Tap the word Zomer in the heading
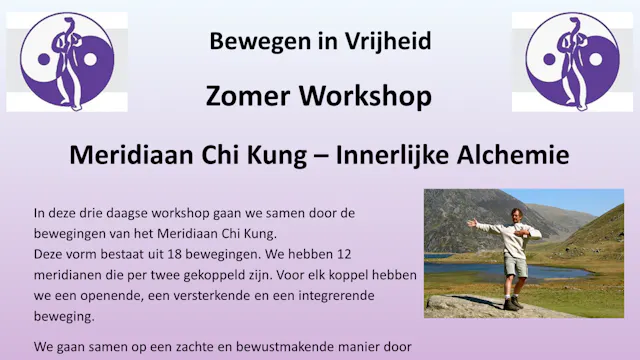coord(244,96)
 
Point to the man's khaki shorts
coord(516,266)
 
